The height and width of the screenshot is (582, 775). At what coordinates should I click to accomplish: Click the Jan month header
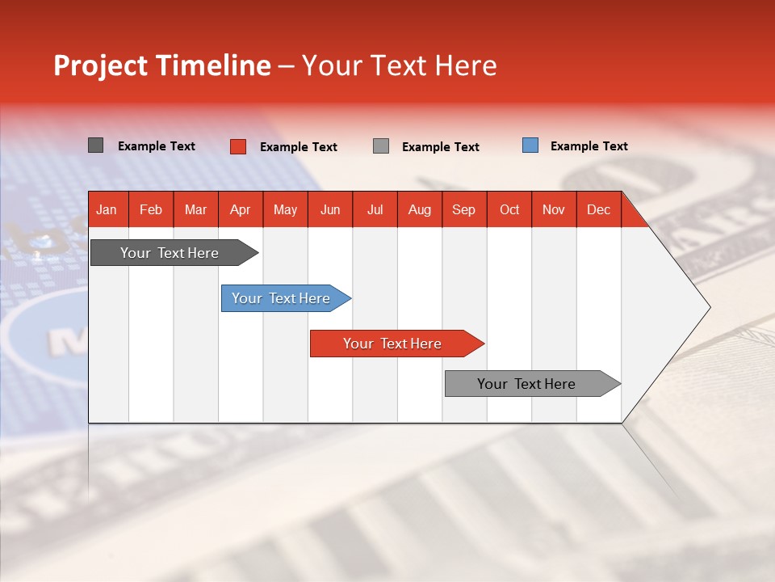click(107, 210)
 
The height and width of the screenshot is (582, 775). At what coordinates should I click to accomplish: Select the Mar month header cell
click(195, 210)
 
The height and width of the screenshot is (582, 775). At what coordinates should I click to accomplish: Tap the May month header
click(285, 210)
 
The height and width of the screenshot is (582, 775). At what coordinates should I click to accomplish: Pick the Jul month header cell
click(375, 210)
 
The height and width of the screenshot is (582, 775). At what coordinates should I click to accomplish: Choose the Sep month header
click(463, 210)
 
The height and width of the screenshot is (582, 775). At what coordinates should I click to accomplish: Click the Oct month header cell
click(509, 210)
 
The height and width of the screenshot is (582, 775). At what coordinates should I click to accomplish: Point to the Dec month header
click(598, 210)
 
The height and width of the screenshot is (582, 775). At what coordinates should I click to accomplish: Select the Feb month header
click(151, 210)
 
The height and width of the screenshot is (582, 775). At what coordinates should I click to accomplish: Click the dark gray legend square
click(95, 145)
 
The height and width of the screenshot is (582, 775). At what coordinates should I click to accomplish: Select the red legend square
click(237, 146)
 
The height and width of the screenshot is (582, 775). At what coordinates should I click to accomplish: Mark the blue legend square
click(530, 145)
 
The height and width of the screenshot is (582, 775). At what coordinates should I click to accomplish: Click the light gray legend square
click(381, 146)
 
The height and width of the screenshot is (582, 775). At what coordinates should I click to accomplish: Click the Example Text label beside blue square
click(589, 146)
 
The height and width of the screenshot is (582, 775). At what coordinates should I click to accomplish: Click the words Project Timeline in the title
click(161, 65)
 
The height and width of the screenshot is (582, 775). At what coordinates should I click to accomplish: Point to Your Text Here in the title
click(399, 65)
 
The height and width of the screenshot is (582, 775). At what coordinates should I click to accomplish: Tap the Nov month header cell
click(554, 210)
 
